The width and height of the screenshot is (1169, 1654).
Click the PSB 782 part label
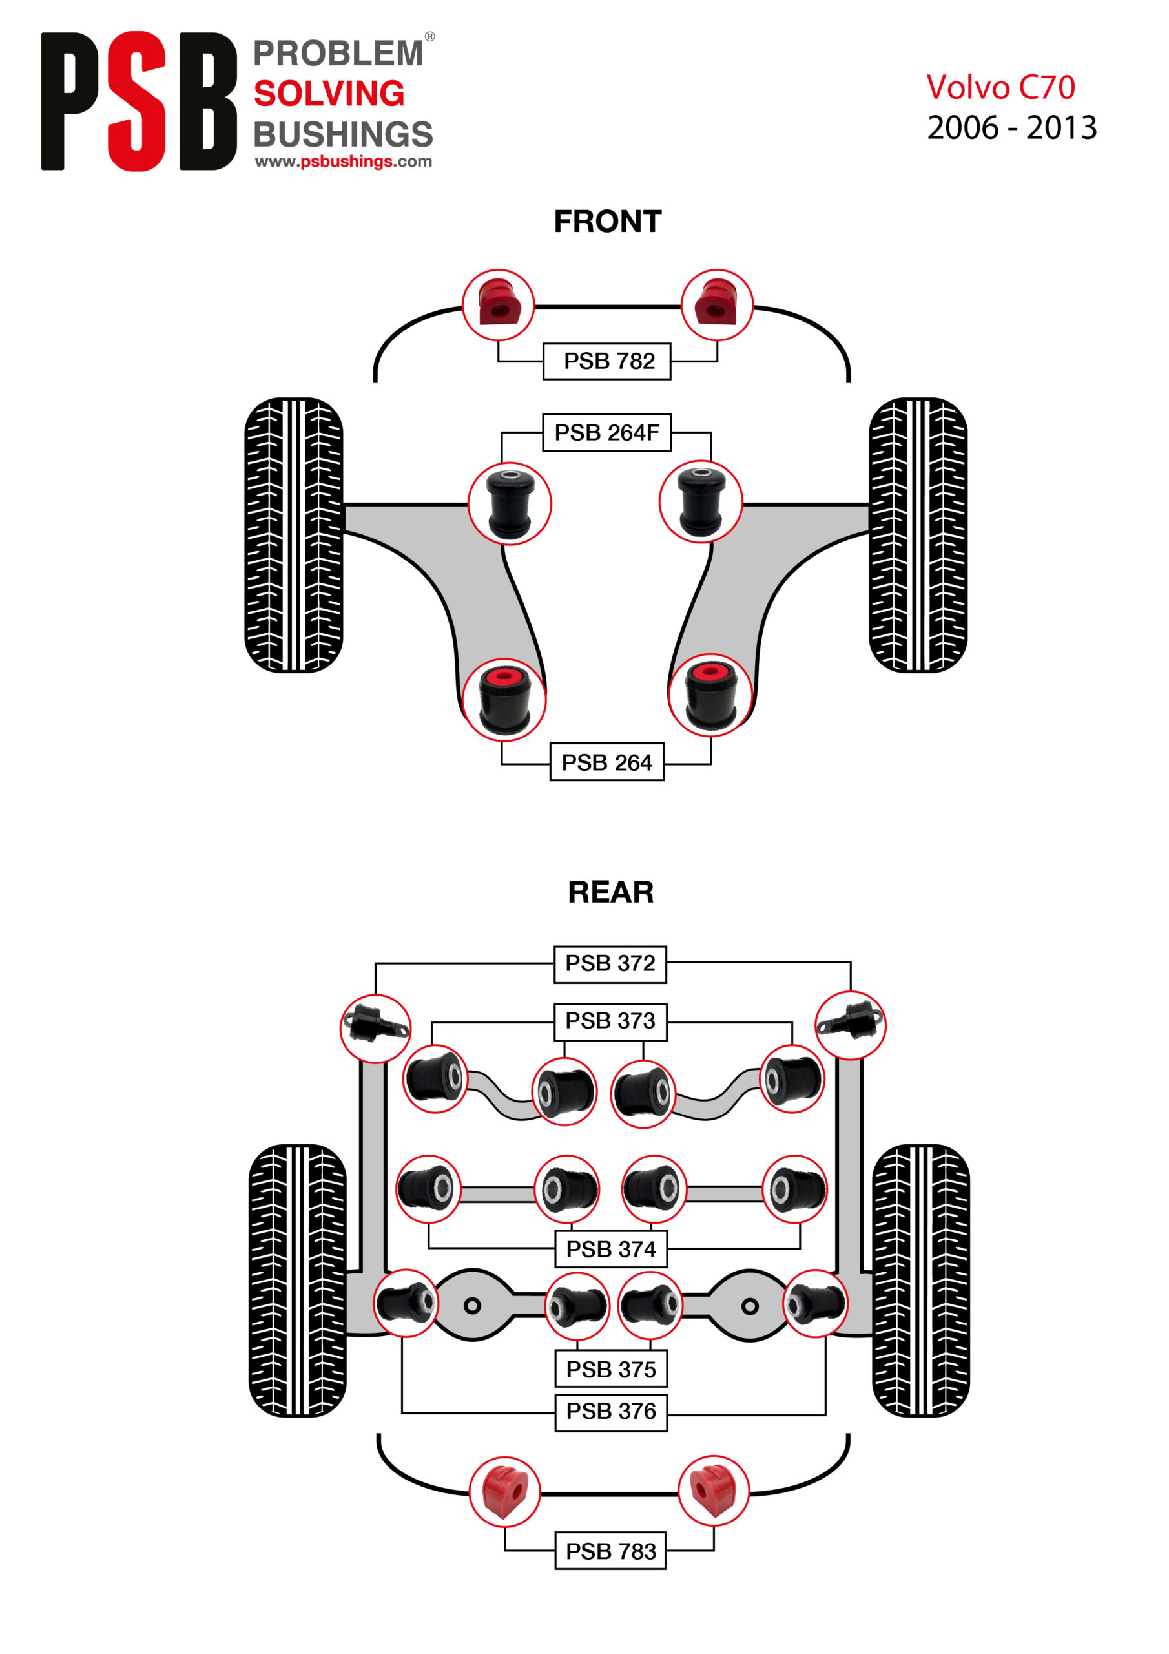pyautogui.click(x=606, y=361)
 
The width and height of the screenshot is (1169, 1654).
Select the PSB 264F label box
pyautogui.click(x=606, y=432)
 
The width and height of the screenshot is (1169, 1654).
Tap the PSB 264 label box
pyautogui.click(x=606, y=762)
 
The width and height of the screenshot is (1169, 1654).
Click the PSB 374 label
pyautogui.click(x=610, y=1249)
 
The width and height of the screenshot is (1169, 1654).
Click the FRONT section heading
pyautogui.click(x=607, y=222)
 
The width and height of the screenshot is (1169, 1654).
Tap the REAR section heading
pyautogui.click(x=610, y=892)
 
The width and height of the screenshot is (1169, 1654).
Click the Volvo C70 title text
pyautogui.click(x=1000, y=88)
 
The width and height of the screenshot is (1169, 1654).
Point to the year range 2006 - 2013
pyautogui.click(x=1011, y=128)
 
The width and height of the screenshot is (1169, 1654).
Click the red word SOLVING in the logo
pyautogui.click(x=329, y=94)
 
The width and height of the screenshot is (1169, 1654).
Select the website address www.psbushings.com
pyautogui.click(x=343, y=162)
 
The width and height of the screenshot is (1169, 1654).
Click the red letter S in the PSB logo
pyautogui.click(x=137, y=101)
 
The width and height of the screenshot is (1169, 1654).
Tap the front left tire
pyautogui.click(x=294, y=534)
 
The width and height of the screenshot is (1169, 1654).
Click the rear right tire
pyautogui.click(x=920, y=1280)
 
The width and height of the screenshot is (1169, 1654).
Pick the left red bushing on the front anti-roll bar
pyautogui.click(x=498, y=305)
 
